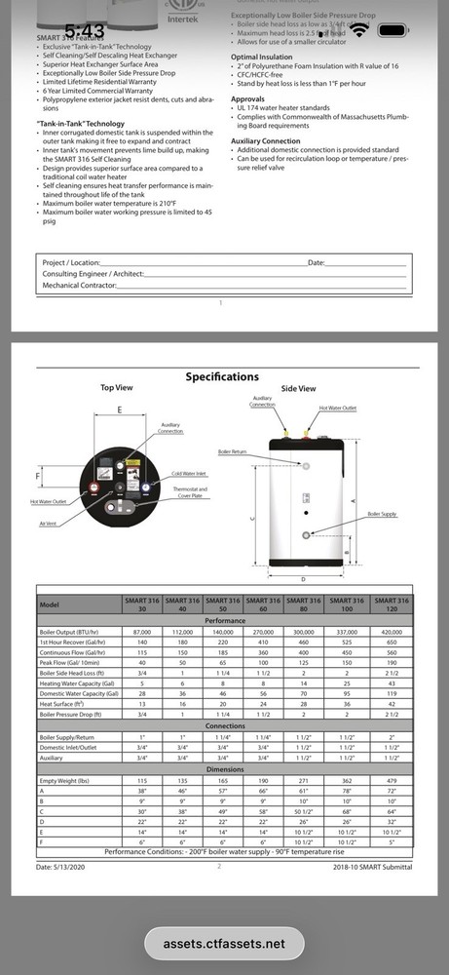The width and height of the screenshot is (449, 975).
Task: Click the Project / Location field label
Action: [72, 263]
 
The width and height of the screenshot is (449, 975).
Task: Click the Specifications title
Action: [222, 376]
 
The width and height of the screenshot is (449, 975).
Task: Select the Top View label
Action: [119, 388]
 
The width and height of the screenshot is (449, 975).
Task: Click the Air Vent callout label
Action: [49, 524]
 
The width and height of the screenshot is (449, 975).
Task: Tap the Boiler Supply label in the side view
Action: [381, 513]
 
